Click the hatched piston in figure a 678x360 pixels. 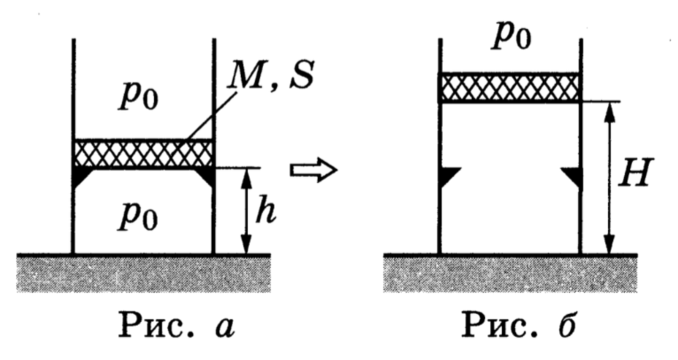tap(143, 153)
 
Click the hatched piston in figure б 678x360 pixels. tap(509, 87)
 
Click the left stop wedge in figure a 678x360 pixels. tap(82, 175)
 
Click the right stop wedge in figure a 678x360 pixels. tap(205, 175)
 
